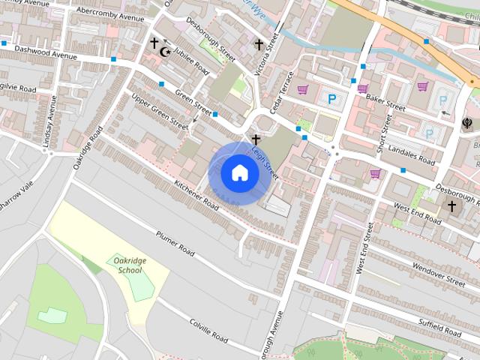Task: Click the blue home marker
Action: [x=239, y=173]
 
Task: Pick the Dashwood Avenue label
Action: [x=46, y=51]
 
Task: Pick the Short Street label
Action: [x=384, y=133]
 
